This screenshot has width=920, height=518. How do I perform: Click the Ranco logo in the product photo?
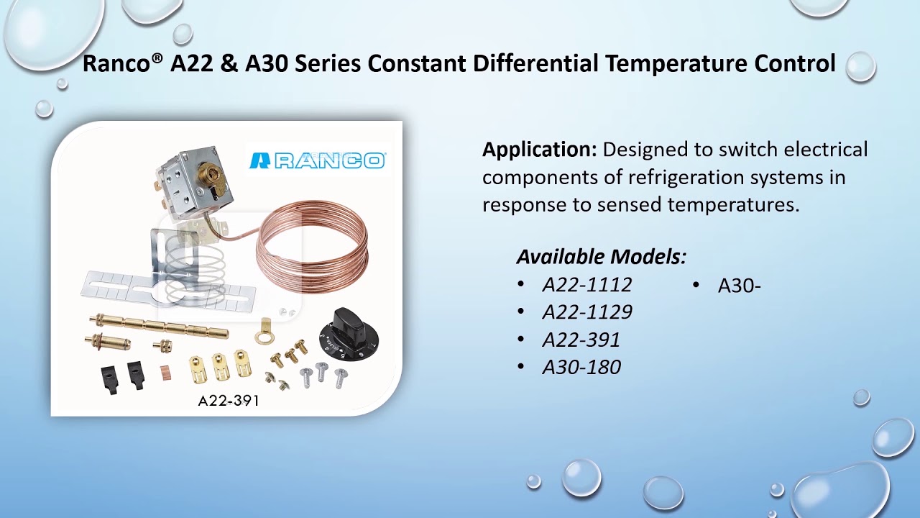click(317, 160)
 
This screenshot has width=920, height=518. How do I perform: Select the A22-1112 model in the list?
click(587, 285)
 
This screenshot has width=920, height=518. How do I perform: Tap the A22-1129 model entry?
click(587, 312)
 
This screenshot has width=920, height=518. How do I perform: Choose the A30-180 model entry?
click(581, 368)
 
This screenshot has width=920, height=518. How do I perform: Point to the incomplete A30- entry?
click(739, 286)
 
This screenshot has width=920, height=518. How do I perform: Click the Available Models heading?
click(601, 257)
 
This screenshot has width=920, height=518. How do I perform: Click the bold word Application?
click(539, 150)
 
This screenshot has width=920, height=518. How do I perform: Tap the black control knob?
click(349, 335)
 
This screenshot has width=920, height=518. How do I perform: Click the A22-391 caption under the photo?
click(229, 401)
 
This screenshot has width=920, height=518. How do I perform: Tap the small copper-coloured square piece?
click(166, 373)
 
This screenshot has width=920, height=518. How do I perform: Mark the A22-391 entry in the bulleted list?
click(581, 340)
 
